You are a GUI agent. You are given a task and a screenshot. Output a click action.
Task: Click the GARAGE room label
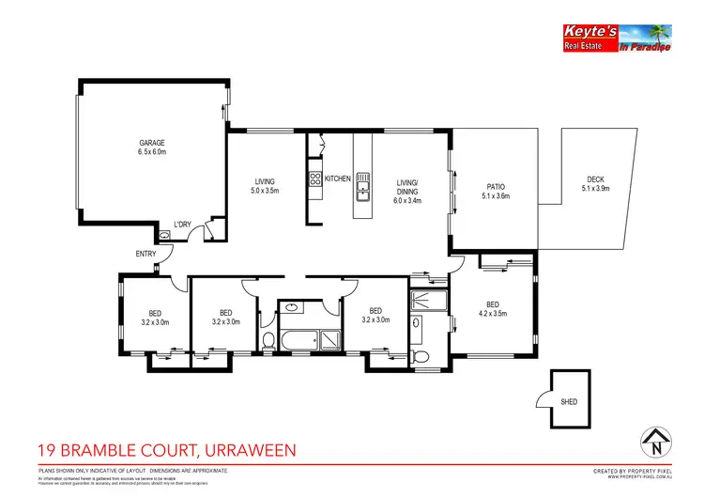click(152, 143)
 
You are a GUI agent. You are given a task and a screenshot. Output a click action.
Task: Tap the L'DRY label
click(183, 224)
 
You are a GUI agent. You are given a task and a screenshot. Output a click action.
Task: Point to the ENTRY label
click(146, 254)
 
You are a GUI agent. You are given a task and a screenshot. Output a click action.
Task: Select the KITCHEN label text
click(338, 179)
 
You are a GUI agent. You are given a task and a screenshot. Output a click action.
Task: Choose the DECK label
click(595, 179)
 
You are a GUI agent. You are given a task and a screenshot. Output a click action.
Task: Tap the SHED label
click(569, 401)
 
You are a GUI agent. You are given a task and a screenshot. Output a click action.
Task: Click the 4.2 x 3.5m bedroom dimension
click(493, 313)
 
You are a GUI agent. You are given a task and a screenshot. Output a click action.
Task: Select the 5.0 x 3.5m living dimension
click(265, 192)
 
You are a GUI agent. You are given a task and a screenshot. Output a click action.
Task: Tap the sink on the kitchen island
click(362, 195)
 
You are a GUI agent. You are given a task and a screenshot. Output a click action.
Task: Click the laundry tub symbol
click(165, 236)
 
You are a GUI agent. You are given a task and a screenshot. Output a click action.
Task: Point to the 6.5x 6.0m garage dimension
click(152, 152)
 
